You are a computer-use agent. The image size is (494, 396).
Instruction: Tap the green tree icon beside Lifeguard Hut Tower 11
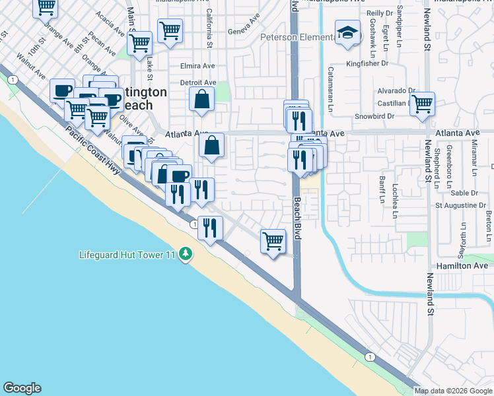(x=187, y=254)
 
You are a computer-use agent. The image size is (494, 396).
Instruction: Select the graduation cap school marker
(x=346, y=32)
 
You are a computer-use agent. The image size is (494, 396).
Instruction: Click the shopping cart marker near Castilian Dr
(x=421, y=104)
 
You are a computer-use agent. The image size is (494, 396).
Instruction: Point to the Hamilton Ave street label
(x=462, y=265)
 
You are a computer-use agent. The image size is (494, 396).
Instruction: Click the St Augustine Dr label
(x=460, y=205)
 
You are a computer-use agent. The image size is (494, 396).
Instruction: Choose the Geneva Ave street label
(x=240, y=32)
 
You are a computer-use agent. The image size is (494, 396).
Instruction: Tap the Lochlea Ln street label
(x=396, y=201)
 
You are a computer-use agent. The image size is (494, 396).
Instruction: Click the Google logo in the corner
(x=22, y=388)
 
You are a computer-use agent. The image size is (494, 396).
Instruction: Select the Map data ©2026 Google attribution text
(x=453, y=390)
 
